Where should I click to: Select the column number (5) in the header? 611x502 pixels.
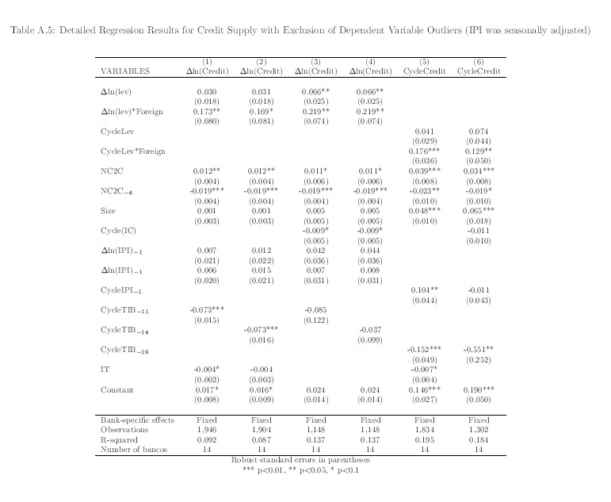coord(424,62)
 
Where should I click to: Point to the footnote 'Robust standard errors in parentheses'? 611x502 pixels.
coord(300,459)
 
